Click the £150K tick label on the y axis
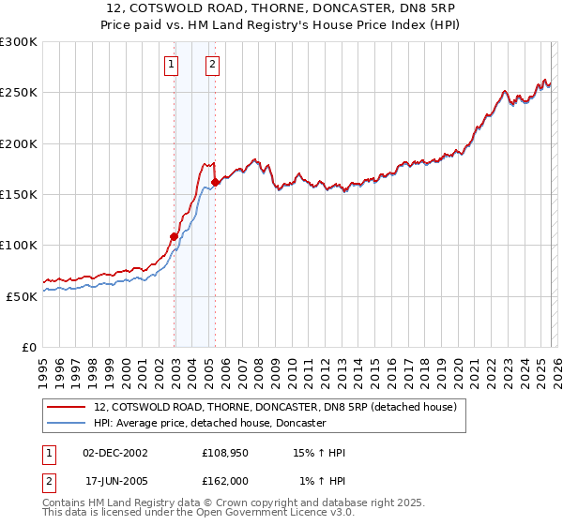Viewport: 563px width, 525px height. (x=19, y=194)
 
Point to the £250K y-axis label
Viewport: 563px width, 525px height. (x=19, y=93)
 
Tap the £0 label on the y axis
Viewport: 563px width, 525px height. (x=29, y=347)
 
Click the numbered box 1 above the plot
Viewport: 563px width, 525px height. (x=172, y=65)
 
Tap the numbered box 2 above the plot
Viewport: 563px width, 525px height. (x=212, y=65)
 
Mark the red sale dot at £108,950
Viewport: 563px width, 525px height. (x=175, y=236)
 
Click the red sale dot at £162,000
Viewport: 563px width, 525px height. (x=216, y=182)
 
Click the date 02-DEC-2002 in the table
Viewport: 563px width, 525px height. (x=115, y=453)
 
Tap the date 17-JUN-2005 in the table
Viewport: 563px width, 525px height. (x=115, y=481)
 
